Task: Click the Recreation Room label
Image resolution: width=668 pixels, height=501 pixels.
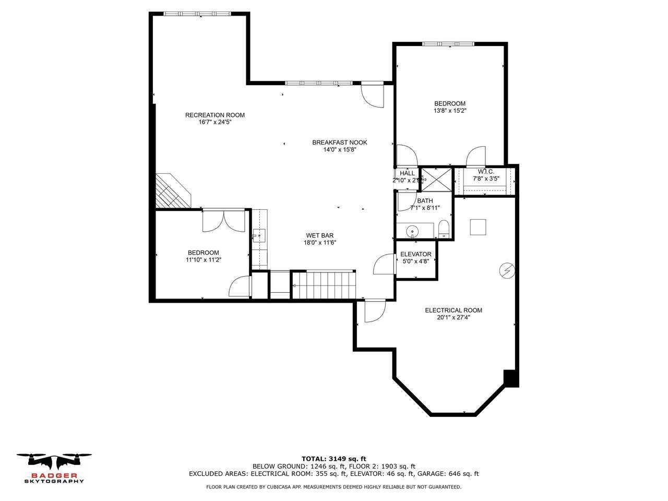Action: point(214,115)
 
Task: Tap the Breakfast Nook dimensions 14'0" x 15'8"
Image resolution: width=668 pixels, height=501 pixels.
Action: point(339,150)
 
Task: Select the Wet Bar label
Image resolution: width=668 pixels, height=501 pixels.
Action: point(319,235)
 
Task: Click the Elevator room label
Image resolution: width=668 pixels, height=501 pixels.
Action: point(415,254)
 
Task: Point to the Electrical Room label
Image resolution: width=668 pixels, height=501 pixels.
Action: point(453,310)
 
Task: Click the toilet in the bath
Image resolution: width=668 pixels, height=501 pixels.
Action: point(444,228)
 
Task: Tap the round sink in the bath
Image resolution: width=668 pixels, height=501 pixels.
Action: point(412,230)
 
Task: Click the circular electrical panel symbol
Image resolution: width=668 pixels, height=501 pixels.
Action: point(507,270)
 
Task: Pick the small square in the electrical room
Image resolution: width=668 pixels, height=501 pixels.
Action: point(478,227)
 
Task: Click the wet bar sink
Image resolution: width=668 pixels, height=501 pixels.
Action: point(258,236)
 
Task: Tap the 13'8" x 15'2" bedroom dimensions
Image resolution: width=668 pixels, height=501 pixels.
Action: point(449,111)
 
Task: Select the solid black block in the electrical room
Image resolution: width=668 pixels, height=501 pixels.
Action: point(511,378)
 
